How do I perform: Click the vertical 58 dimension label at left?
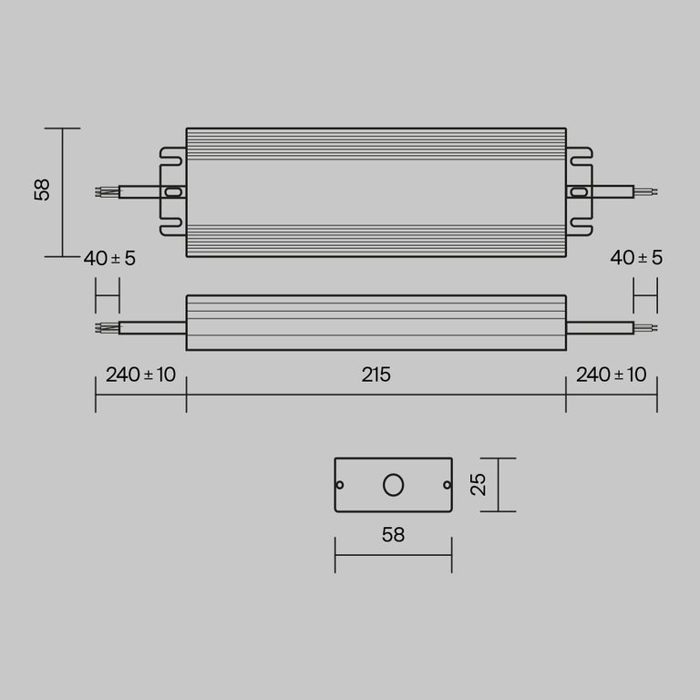42,190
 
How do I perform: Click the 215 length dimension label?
376,375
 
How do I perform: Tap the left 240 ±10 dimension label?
140,375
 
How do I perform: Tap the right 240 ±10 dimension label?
611,375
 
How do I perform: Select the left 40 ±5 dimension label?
109,258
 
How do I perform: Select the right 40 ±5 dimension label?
636,258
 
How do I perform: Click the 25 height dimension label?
479,484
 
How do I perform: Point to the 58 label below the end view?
393,535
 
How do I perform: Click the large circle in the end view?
393,485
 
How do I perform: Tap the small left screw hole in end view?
341,485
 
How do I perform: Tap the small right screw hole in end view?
446,485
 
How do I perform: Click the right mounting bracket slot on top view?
578,192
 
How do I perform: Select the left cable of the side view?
151,327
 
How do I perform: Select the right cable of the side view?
599,327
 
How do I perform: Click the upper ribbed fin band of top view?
376,143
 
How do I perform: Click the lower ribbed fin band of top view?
376,241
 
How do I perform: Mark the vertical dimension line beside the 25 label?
499,485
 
